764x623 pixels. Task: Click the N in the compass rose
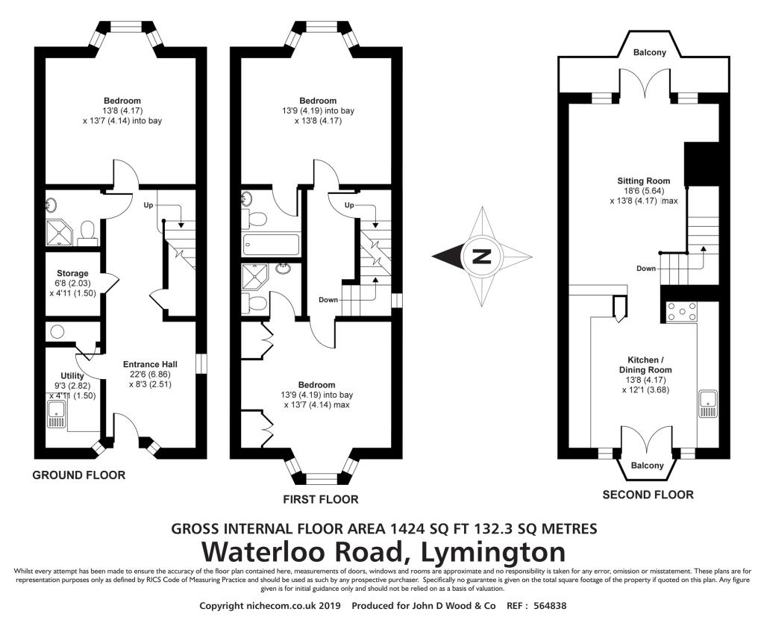pos(482,256)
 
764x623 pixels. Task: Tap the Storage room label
pos(72,273)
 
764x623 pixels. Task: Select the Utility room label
pos(72,375)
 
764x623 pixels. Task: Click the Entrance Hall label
pos(150,364)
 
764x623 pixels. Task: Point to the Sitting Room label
pos(644,181)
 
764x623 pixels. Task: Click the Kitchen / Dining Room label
pos(642,365)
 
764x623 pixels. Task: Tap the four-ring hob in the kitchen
pos(681,312)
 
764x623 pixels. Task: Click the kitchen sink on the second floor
pos(707,404)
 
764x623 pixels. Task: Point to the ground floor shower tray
pos(60,232)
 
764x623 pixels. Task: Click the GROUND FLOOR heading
pos(79,475)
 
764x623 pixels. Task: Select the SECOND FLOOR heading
pos(648,495)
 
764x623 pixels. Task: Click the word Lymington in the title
pos(492,552)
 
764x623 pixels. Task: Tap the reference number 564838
pos(550,606)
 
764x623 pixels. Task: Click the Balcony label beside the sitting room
pos(650,52)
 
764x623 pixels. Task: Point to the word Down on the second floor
pos(646,269)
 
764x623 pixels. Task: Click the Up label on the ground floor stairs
pos(148,205)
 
